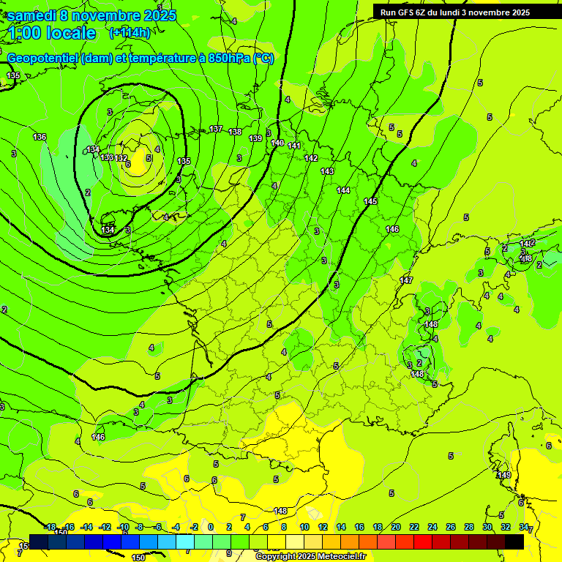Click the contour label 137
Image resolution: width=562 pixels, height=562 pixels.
pos(216,129)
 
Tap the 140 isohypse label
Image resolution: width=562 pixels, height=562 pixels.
pos(277,143)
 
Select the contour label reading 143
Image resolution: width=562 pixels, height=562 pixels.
pos(327,171)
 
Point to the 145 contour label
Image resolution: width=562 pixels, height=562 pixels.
pos(371,201)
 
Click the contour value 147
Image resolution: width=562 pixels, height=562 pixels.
pos(407,280)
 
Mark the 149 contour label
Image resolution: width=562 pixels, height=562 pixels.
pos(504,476)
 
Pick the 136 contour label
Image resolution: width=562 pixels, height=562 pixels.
pos(40,137)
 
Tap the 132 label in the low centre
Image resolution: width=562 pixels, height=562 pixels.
pos(121,158)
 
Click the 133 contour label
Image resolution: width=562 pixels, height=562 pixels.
pos(107,157)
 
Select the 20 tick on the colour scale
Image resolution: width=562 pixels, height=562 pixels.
pos(396,527)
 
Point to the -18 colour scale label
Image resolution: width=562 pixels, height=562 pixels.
pos(50,527)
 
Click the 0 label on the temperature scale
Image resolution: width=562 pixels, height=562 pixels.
pos(211,527)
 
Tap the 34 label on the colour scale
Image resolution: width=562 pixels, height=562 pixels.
pos(524,527)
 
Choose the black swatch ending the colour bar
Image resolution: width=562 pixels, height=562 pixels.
pos(514,541)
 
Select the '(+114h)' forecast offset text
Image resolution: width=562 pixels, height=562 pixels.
pos(130,33)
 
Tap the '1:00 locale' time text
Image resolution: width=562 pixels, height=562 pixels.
pos(52,34)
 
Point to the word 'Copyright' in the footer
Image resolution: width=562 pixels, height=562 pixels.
pos(276,557)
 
